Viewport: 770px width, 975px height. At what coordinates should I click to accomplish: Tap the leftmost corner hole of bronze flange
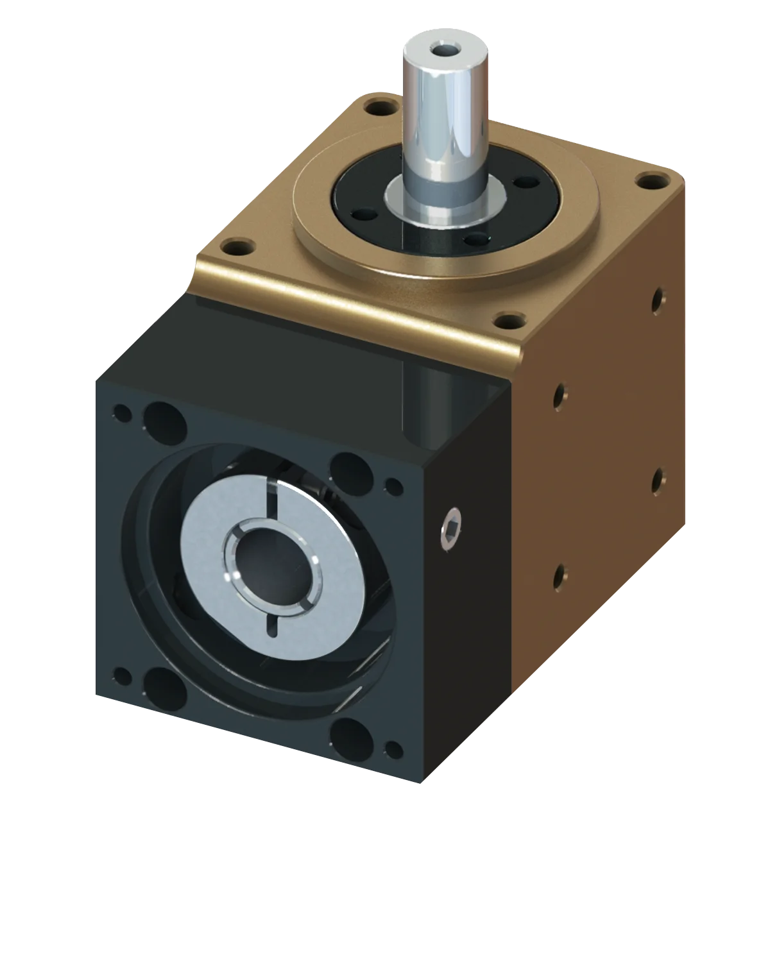click(x=238, y=246)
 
